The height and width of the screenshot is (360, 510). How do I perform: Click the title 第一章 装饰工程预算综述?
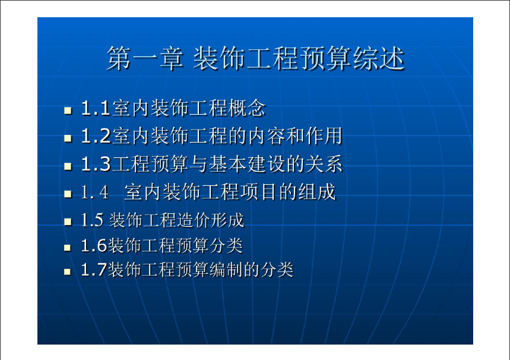click(256, 58)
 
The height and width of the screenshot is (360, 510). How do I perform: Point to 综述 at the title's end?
click(379, 58)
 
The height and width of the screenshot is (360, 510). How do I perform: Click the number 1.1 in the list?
click(96, 108)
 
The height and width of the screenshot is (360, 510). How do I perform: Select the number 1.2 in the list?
click(96, 136)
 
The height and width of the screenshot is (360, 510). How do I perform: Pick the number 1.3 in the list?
click(96, 164)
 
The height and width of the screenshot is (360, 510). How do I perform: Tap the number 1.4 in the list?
click(94, 192)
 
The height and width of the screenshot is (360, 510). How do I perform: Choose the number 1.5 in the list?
click(92, 220)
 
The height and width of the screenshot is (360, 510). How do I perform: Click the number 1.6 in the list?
click(94, 245)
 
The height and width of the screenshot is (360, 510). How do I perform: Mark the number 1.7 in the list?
click(94, 270)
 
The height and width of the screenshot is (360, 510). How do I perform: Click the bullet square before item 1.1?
click(68, 110)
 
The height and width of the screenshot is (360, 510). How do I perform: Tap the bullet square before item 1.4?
click(68, 194)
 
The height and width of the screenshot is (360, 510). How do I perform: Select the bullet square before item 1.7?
click(67, 271)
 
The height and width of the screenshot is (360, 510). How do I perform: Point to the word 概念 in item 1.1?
click(247, 108)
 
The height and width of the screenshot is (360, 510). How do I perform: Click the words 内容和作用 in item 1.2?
click(295, 136)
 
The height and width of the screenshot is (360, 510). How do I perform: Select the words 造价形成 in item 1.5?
click(211, 220)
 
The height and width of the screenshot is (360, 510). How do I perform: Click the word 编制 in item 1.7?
click(227, 270)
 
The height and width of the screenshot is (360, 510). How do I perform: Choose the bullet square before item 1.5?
click(68, 222)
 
